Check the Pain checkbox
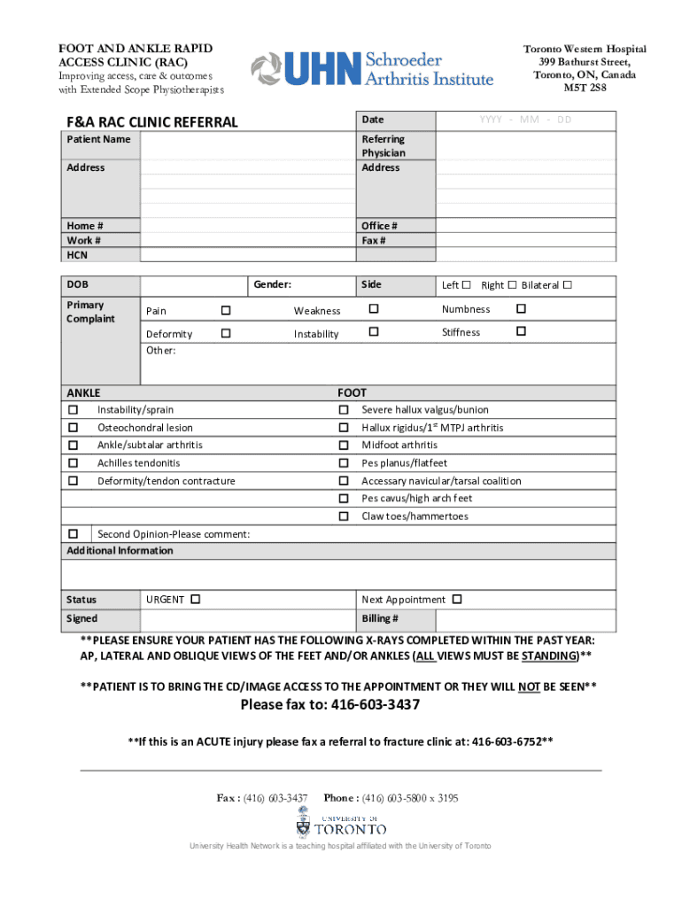pos(226,311)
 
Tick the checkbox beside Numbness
pos(521,309)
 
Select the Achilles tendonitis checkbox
pos(73,462)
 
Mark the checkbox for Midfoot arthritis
pos(343,445)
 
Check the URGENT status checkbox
pos(195,600)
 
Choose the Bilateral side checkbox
pos(568,284)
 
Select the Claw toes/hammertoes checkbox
pos(343,516)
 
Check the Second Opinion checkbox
pos(73,533)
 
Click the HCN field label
pos(77,255)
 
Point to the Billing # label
pos(380,618)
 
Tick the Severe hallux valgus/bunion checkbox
pos(343,409)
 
